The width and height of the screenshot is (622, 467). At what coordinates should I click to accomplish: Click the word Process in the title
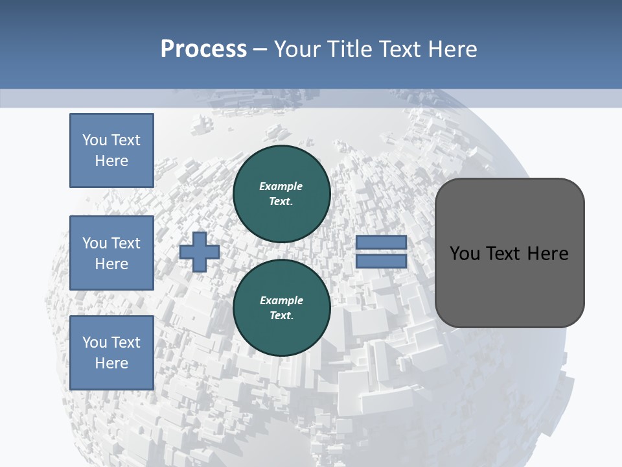203,49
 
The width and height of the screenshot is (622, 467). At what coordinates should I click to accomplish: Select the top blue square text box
111,150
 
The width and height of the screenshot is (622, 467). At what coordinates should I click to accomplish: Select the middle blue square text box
111,253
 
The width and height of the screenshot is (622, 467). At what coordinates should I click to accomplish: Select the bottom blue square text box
111,353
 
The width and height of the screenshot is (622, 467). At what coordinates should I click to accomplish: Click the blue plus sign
200,252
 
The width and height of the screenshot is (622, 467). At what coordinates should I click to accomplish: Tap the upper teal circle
281,194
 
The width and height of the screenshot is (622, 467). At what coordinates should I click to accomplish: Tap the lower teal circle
281,308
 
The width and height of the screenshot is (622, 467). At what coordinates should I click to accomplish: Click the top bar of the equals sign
382,243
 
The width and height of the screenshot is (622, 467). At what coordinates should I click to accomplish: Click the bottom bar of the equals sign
382,261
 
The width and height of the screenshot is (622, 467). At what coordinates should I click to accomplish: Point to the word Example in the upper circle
281,186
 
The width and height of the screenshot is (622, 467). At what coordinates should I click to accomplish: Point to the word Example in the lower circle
281,300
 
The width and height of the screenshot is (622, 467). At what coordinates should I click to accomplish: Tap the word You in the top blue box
95,140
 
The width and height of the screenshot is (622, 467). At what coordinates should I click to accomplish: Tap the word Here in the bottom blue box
111,363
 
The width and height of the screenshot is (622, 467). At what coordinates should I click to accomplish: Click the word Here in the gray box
547,254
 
